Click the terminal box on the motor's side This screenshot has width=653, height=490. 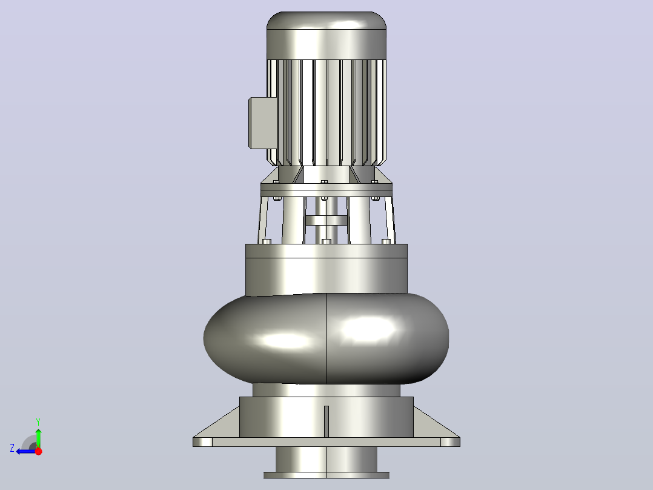(x=263, y=123)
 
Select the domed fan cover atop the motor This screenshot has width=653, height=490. (x=326, y=35)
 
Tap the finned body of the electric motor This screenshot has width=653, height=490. (x=326, y=113)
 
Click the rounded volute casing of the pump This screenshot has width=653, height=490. (x=326, y=338)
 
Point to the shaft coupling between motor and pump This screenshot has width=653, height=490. (x=326, y=220)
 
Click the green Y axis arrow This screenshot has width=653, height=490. (x=38, y=438)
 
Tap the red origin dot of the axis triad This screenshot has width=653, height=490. (x=38, y=451)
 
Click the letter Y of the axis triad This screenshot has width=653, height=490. (x=38, y=421)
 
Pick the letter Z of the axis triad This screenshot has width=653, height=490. (x=12, y=448)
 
